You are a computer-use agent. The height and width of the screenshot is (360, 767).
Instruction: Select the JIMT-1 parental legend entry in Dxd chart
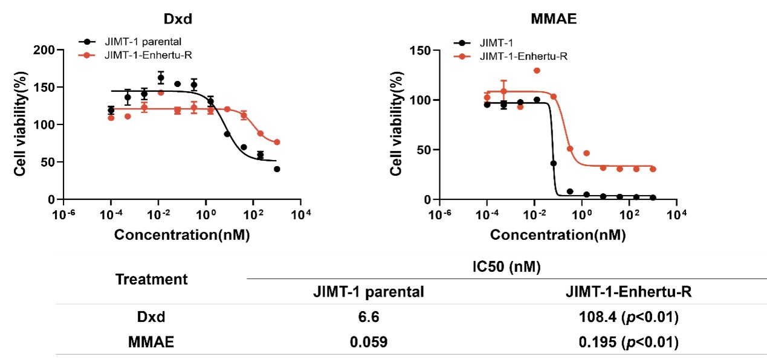point(131,42)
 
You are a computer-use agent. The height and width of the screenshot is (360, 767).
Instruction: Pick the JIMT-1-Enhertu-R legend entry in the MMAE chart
point(523,57)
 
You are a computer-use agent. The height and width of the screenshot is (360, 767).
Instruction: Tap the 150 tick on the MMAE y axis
point(423,50)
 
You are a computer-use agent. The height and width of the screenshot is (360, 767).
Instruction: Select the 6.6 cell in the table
point(368,317)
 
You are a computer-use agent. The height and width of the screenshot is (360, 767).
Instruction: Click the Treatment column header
point(151,280)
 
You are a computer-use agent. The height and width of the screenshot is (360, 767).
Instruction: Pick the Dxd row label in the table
point(151,317)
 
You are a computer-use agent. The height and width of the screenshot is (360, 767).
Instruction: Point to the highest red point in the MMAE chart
point(536,71)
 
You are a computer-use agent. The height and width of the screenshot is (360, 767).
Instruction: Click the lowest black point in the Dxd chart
point(277,169)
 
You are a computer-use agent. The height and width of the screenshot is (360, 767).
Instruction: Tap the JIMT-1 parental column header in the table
point(368,292)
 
